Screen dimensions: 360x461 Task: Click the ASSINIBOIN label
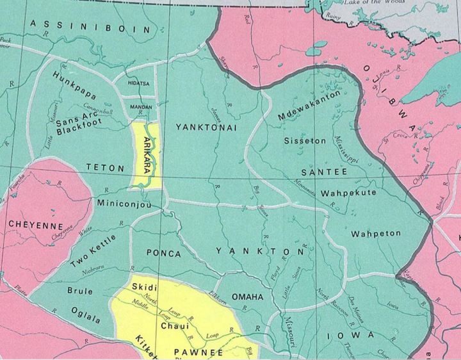click(x=90, y=27)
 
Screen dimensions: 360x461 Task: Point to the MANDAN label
click(x=141, y=107)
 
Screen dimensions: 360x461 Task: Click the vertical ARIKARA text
click(x=147, y=156)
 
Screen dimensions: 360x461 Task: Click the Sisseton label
click(x=305, y=140)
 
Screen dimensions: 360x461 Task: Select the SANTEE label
click(x=325, y=172)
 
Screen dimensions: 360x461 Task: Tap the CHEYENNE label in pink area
click(x=36, y=225)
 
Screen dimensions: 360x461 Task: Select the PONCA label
click(x=164, y=254)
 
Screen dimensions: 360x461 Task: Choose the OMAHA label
click(x=247, y=297)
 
